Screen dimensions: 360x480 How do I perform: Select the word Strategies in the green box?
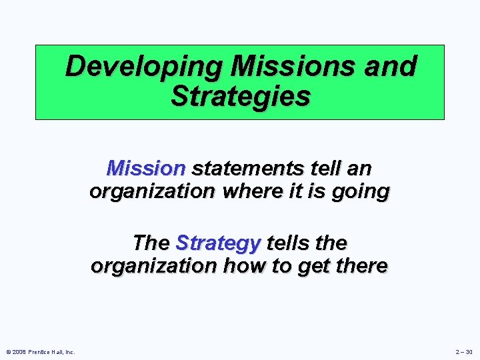click(240, 96)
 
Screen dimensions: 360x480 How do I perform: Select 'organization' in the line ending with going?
click(151, 192)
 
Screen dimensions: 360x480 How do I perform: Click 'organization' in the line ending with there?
click(152, 266)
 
